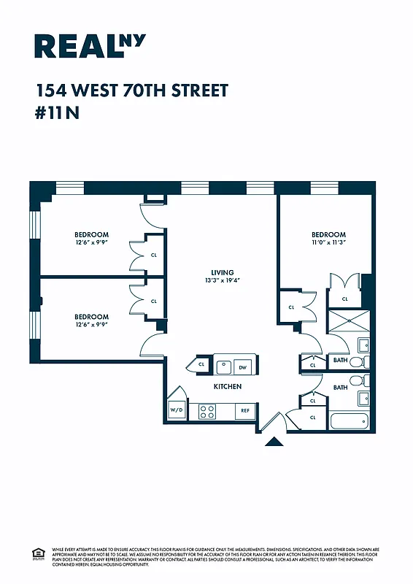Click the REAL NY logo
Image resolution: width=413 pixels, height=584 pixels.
(90, 45)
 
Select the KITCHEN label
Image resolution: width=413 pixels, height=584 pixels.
(227, 386)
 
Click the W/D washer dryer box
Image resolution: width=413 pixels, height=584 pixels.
(177, 411)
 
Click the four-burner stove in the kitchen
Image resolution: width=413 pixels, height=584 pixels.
(207, 411)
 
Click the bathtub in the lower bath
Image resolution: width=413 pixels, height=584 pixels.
(350, 421)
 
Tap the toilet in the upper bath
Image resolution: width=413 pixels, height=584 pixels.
(355, 361)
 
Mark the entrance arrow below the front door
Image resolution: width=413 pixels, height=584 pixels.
(274, 441)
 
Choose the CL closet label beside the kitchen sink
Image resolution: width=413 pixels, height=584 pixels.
(201, 364)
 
